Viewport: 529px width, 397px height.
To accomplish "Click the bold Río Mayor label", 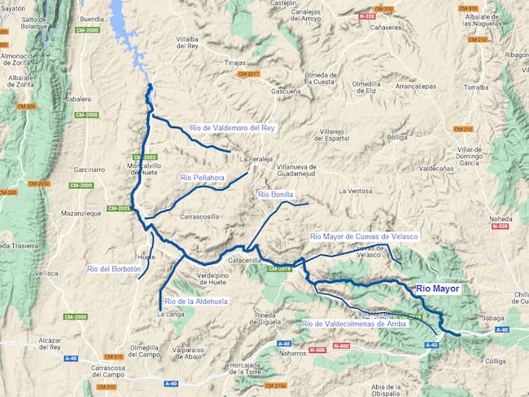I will coord(438,289).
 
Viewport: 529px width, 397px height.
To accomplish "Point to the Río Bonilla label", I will coord(275,195).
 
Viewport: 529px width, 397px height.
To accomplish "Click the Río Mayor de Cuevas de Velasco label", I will coord(364,236).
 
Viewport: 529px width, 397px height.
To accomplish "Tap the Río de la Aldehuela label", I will coord(196,301).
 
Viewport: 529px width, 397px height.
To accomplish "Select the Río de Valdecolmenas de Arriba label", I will coord(354,324).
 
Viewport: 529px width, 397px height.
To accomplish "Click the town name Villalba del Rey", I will coord(194,42).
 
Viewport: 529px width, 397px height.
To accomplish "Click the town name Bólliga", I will coord(397,138).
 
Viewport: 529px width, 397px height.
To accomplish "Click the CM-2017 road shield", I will coord(248,74).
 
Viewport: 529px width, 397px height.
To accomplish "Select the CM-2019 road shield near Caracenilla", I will coord(279,268).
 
